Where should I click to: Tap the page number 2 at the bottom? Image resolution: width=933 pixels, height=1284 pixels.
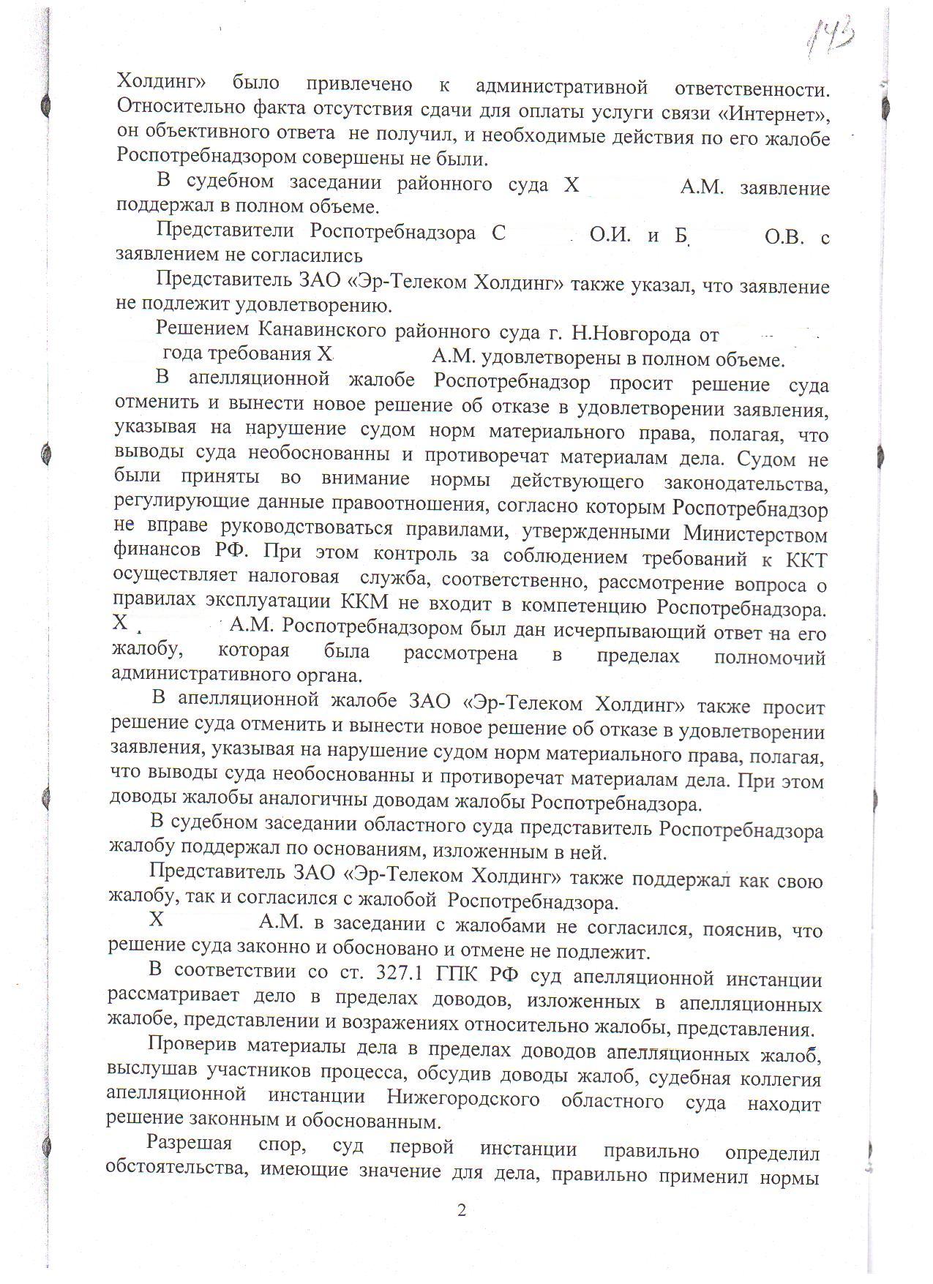coord(461,1209)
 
